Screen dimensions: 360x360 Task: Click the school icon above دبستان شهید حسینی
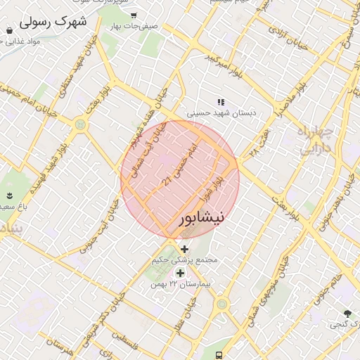[x=221, y=102]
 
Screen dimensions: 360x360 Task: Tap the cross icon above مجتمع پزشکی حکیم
[x=185, y=249]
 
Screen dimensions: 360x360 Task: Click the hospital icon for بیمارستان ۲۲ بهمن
[x=180, y=273]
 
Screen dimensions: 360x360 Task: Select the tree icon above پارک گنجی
[x=347, y=313]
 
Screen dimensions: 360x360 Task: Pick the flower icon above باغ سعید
[x=10, y=195]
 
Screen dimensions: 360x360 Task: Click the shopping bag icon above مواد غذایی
[x=8, y=30]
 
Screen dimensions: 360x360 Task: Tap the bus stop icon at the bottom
[x=219, y=354]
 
